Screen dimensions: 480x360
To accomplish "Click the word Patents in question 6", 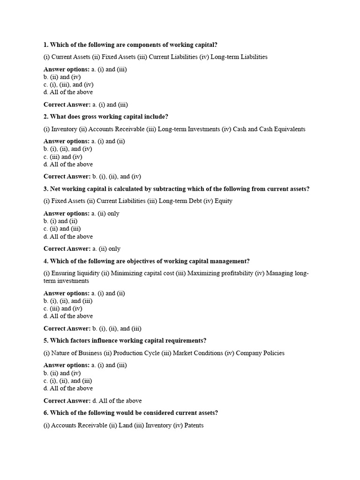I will (x=194, y=426).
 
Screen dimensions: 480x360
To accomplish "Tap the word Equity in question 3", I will (x=223, y=201).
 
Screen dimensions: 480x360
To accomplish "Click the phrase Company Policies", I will (x=260, y=353).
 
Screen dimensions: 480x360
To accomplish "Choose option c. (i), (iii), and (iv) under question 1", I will (x=68, y=85).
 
